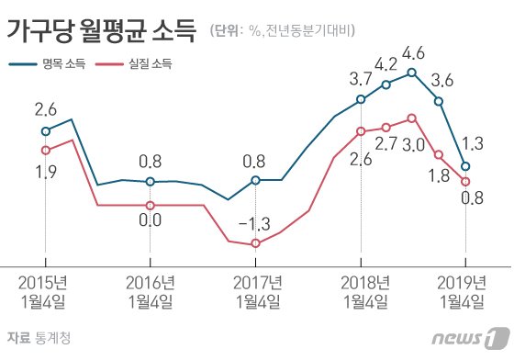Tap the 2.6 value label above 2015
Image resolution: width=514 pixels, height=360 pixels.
(46, 110)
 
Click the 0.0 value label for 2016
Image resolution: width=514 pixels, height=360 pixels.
(151, 219)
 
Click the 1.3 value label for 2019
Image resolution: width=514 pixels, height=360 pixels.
(475, 143)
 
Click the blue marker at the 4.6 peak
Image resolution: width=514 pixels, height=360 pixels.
(412, 73)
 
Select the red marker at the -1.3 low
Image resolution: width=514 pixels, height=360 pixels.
(255, 243)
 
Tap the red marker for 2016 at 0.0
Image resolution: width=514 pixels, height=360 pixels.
(151, 205)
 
